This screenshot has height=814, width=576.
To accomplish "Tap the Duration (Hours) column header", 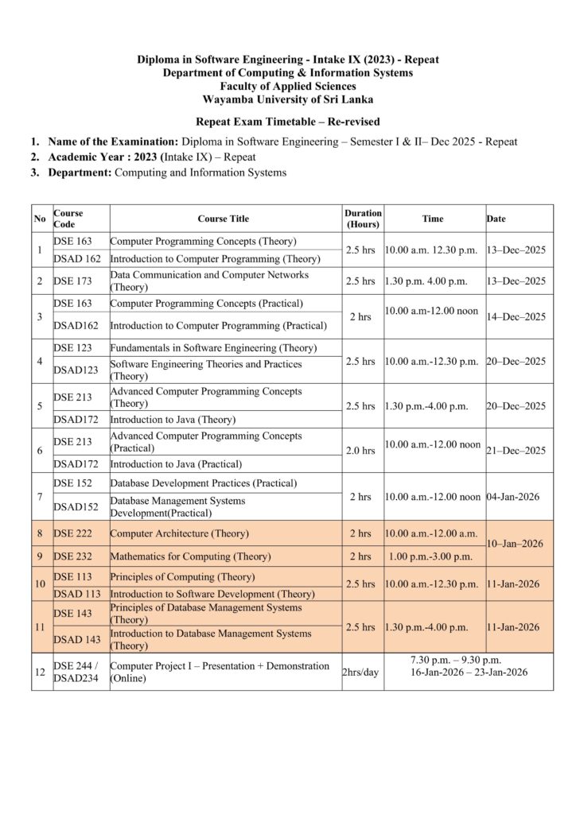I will [363, 219].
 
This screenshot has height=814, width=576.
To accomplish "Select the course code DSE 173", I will [72, 281].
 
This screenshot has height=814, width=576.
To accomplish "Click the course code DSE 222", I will [72, 533].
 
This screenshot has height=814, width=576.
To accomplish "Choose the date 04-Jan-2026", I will [514, 496].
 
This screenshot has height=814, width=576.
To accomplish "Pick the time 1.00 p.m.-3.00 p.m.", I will [430, 556].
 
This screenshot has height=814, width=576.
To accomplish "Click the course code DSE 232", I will [72, 556].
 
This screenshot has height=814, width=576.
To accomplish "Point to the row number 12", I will [40, 672].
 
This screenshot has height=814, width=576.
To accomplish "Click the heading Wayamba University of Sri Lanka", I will [288, 99].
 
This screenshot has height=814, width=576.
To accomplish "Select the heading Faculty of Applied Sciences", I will [288, 86].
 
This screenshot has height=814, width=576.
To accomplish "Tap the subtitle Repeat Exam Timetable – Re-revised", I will [288, 122].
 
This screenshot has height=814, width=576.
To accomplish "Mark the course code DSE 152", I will [72, 483].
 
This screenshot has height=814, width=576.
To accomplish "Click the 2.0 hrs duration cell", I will [362, 450].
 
